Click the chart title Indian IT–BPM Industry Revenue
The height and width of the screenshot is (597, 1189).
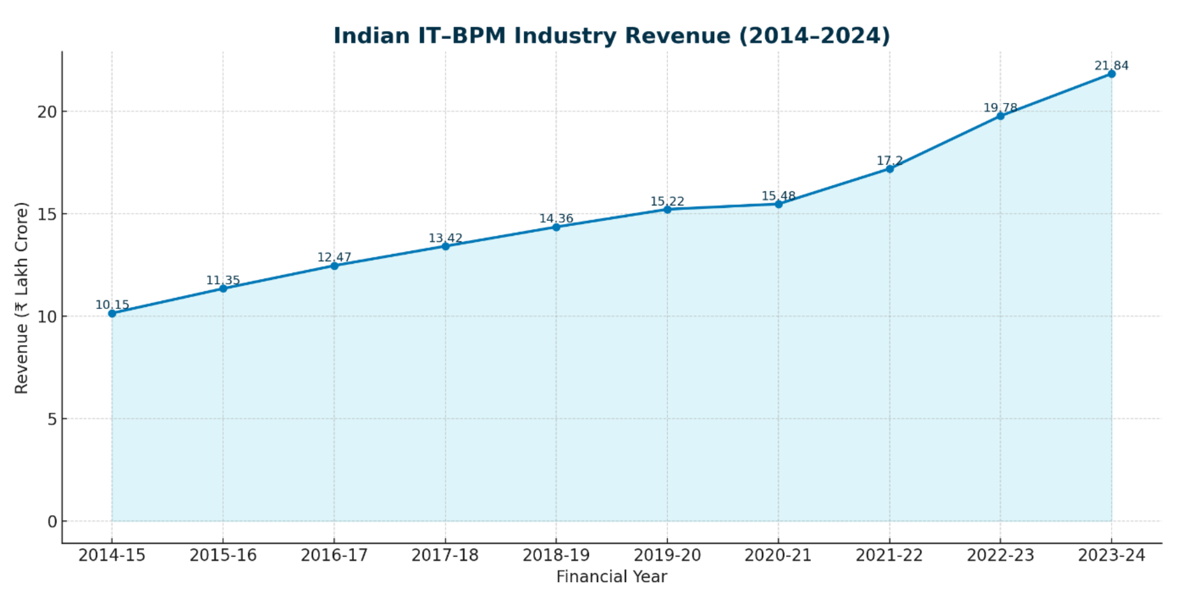point(611,35)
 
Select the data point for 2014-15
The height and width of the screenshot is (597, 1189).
point(112,313)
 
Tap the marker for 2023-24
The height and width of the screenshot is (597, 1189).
point(1112,74)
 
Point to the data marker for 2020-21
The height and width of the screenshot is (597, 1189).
point(779,204)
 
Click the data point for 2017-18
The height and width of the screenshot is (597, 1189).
point(445,246)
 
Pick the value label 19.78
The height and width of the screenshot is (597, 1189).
point(1000,108)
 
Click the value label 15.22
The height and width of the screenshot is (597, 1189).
point(667,201)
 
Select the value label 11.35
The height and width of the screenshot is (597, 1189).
point(223,280)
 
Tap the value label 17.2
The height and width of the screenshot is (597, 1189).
point(889,161)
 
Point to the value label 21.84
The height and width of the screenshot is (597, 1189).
point(1111,66)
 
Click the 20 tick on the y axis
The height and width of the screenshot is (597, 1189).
point(47,112)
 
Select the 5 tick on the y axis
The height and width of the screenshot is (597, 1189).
point(52,419)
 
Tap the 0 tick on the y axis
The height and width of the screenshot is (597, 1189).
point(52,521)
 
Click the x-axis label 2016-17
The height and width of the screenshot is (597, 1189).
point(334,555)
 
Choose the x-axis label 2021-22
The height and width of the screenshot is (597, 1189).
point(889,555)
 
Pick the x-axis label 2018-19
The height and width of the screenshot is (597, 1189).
point(556,555)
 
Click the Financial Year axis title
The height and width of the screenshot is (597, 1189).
point(611,577)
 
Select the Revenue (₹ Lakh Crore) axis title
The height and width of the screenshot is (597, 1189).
point(22,298)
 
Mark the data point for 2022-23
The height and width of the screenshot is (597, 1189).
point(1001,116)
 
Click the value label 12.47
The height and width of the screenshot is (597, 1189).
point(334,257)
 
